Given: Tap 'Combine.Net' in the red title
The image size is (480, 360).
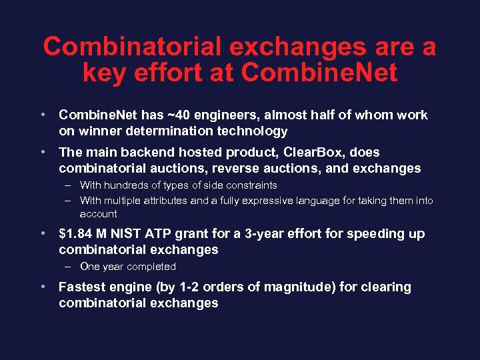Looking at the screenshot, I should (320, 72).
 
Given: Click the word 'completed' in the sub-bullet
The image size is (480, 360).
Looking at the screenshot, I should (151, 267).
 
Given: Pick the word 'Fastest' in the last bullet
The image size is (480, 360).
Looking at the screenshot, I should (83, 287).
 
